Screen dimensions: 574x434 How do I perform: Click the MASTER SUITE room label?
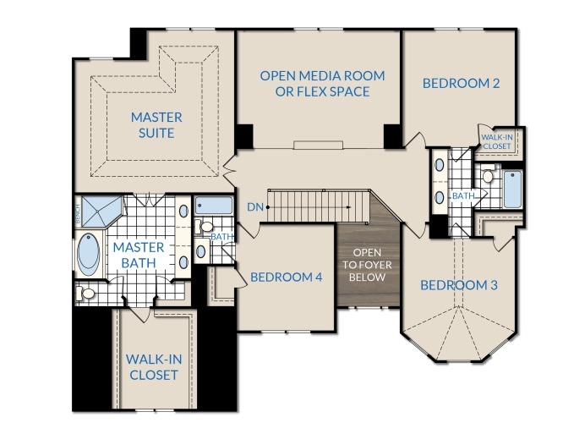point(156,125)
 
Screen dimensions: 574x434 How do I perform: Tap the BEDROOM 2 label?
point(461,84)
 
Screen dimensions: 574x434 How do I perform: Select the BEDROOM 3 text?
point(459,285)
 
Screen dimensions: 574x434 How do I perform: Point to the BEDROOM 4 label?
point(287,277)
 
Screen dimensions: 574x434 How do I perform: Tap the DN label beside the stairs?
point(255,207)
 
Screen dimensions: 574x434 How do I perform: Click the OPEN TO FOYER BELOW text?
point(367,265)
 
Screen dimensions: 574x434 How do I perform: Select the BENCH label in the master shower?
point(77,214)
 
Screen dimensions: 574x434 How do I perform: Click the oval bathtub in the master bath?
point(89,254)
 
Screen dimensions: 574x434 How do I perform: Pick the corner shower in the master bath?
point(101,212)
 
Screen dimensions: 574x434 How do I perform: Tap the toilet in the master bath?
point(85,294)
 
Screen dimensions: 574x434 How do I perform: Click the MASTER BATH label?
point(139,255)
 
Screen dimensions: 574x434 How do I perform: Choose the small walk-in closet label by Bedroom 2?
point(497,142)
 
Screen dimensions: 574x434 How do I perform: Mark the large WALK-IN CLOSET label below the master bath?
point(154,367)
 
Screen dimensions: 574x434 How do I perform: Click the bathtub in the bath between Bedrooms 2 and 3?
point(512,189)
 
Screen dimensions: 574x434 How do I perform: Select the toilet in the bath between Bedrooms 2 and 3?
point(488,174)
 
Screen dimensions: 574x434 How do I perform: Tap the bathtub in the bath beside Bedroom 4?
point(213,206)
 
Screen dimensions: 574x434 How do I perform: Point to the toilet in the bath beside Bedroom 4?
point(203,227)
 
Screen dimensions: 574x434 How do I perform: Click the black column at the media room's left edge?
point(244,136)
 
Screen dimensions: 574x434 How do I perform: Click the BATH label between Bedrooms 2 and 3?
point(463,196)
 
